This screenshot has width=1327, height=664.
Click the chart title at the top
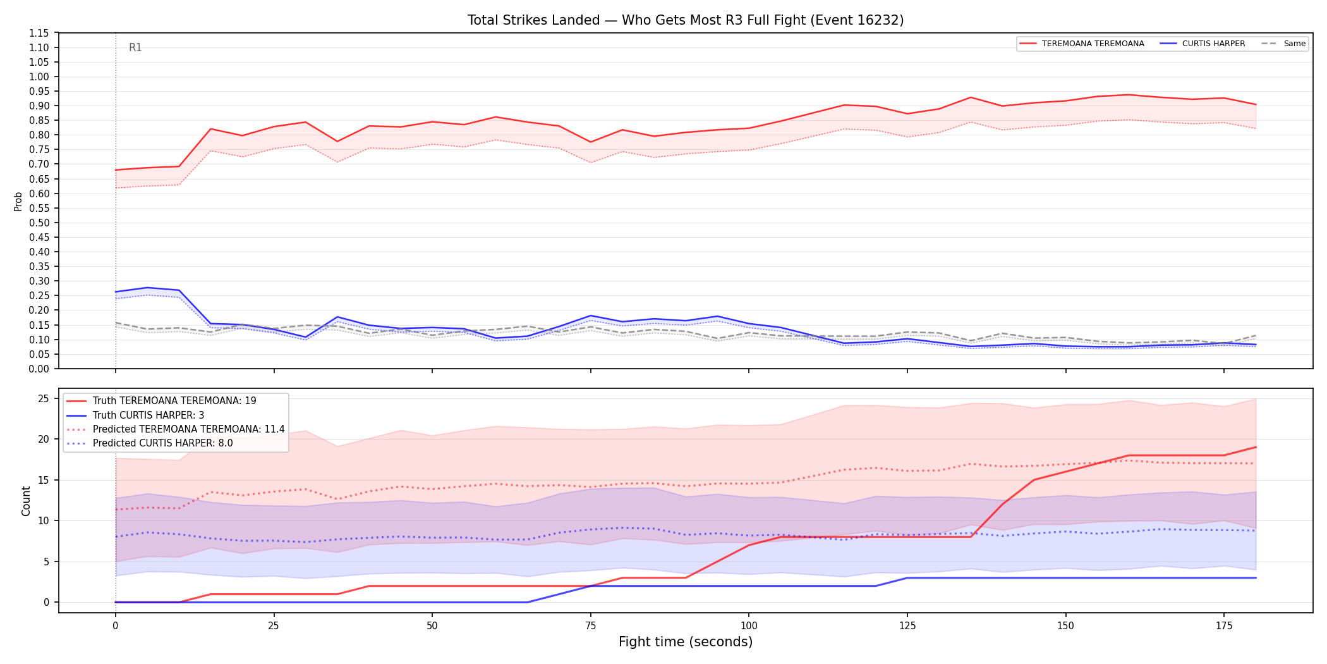pyautogui.click(x=686, y=20)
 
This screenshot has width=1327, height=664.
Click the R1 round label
pyautogui.click(x=135, y=47)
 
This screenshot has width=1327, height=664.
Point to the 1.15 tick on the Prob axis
pyautogui.click(x=39, y=33)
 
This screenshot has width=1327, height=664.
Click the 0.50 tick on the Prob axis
pyautogui.click(x=39, y=223)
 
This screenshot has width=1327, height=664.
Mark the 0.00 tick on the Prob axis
pyautogui.click(x=39, y=369)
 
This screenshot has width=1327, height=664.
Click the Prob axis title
pyautogui.click(x=18, y=201)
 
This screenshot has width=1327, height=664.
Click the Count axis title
pyautogui.click(x=26, y=501)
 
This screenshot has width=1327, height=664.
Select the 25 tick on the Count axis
pyautogui.click(x=44, y=398)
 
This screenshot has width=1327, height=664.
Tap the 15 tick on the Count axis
pyautogui.click(x=44, y=480)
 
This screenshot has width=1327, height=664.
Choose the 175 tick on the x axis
pyautogui.click(x=1224, y=626)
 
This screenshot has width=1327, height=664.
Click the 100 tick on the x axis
pyautogui.click(x=749, y=626)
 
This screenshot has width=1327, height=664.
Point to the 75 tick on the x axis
pyautogui.click(x=590, y=626)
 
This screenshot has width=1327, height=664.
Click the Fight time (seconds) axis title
pyautogui.click(x=686, y=642)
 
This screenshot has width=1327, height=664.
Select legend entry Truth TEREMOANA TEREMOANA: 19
pyautogui.click(x=174, y=401)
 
